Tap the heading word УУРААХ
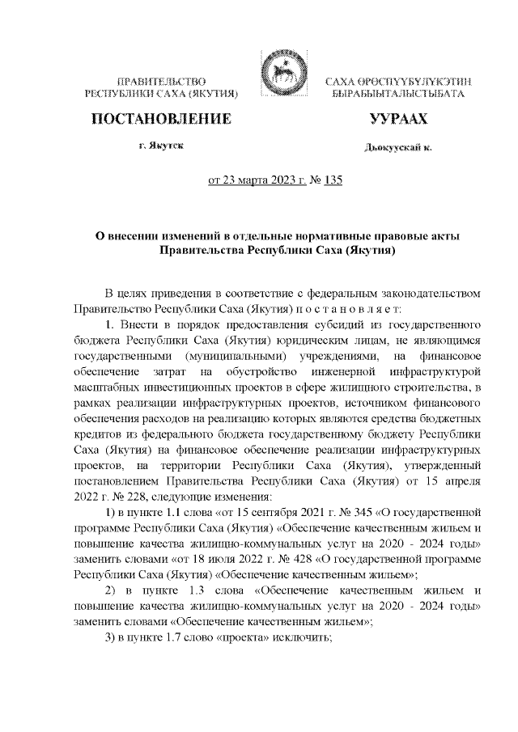click(x=397, y=120)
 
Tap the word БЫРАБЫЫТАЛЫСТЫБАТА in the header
click(x=398, y=95)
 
